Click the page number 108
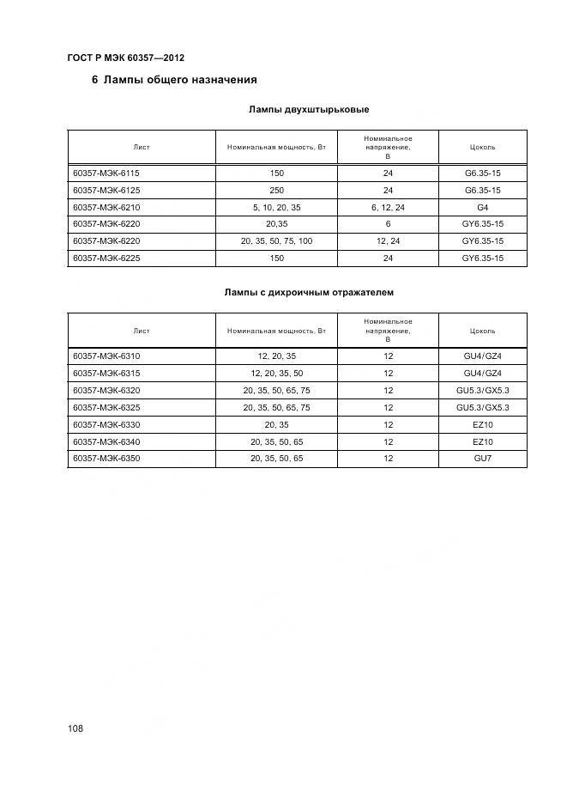click(x=75, y=729)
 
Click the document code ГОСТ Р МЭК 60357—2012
click(x=125, y=58)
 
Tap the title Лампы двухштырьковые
click(x=309, y=110)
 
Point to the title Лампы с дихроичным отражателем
click(x=309, y=293)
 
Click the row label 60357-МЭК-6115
click(x=106, y=173)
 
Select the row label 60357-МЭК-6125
click(x=106, y=190)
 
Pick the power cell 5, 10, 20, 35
click(x=276, y=207)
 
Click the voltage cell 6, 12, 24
click(x=388, y=207)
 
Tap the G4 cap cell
click(x=482, y=207)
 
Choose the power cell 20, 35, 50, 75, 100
click(x=276, y=241)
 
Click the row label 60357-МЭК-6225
click(x=106, y=259)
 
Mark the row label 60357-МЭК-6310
click(x=106, y=356)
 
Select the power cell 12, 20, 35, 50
click(x=276, y=374)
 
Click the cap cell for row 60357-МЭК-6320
click(x=482, y=391)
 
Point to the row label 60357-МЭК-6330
click(x=106, y=425)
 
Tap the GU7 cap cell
click(x=482, y=459)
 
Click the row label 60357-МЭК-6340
click(x=106, y=442)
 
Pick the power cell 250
click(x=276, y=190)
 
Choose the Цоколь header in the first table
click(x=482, y=147)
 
